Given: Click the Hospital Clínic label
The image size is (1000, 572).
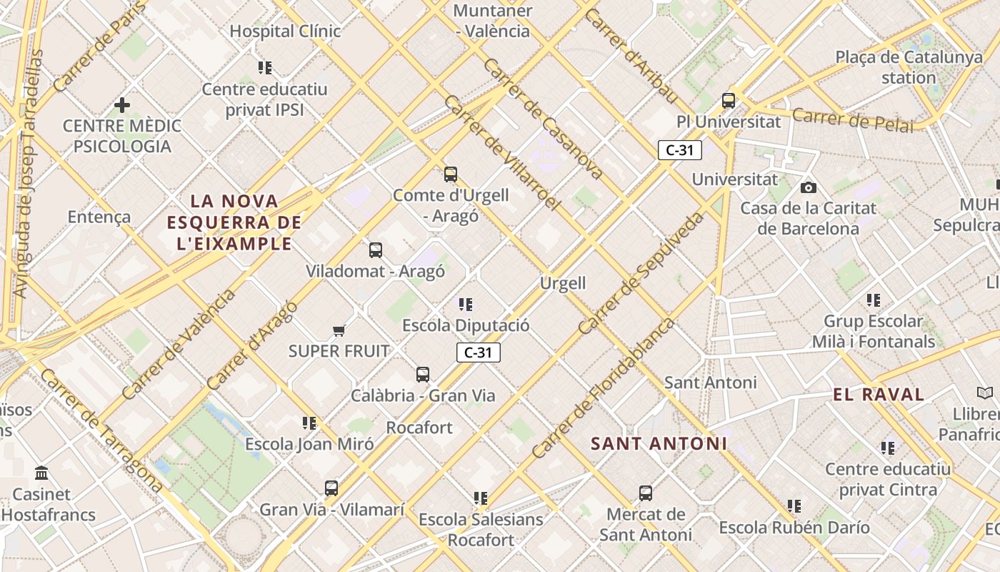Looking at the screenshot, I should tap(285, 31).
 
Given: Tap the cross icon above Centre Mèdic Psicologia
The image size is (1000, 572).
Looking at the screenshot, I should tap(122, 105).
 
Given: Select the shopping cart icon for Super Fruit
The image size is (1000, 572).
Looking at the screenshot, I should tap(339, 330).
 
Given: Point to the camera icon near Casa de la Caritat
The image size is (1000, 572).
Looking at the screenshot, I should tap(809, 187).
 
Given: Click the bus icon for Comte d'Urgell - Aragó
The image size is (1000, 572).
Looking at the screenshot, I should tap(451, 174).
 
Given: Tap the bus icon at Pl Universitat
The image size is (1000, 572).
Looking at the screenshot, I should tap(729, 101).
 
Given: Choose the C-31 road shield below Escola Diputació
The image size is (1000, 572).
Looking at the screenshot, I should tap(479, 352).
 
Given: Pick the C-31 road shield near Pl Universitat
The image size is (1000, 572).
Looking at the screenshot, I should tap(680, 150).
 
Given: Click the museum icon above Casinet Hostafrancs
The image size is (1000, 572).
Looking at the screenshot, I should tap(41, 473).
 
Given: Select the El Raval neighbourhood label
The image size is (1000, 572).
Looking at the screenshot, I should tap(879, 394).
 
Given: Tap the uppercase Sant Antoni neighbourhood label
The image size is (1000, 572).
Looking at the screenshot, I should tap(659, 443).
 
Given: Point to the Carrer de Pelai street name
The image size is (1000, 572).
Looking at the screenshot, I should tap(853, 120).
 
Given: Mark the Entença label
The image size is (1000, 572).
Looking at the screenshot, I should tap(99, 217).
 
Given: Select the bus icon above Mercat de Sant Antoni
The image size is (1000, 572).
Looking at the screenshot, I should tap(646, 493).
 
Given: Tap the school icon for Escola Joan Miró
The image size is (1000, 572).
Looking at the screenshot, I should tap(309, 423).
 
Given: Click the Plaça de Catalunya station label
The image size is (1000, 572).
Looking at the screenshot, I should tap(909, 67).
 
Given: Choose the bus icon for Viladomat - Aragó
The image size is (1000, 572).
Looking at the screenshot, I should tap(376, 250).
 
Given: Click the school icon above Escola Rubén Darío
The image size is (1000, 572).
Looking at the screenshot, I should tap(794, 506).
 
